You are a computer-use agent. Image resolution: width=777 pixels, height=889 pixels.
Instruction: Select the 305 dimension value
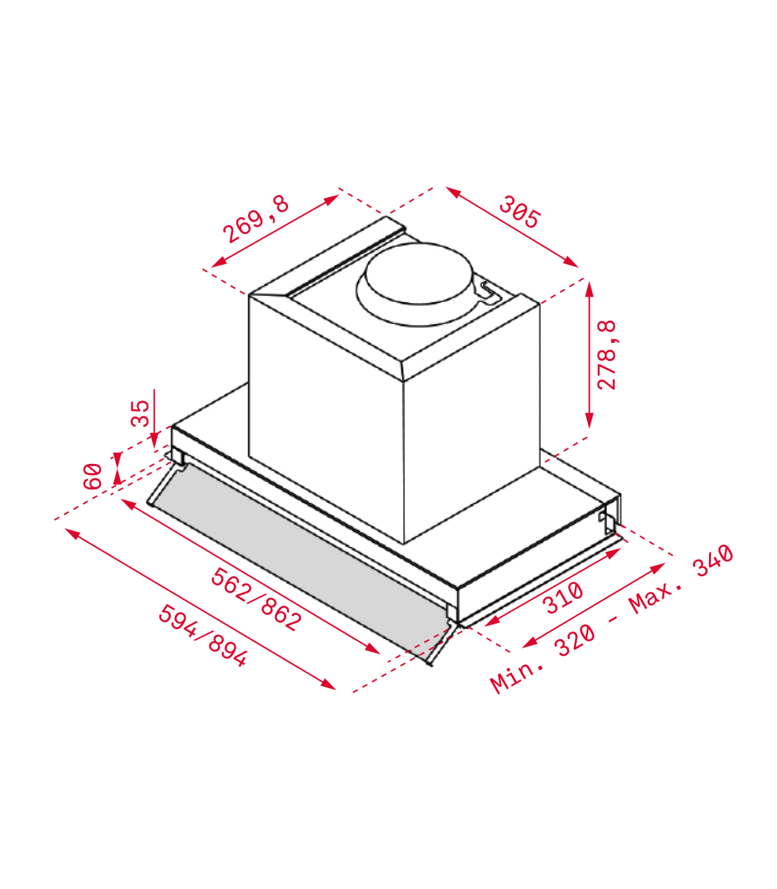coord(519,212)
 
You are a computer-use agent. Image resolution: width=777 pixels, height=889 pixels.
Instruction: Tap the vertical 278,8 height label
coord(607,354)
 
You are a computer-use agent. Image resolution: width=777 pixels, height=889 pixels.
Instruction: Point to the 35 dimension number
coord(140,413)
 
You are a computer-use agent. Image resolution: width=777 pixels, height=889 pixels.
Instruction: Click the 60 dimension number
coord(93,477)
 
